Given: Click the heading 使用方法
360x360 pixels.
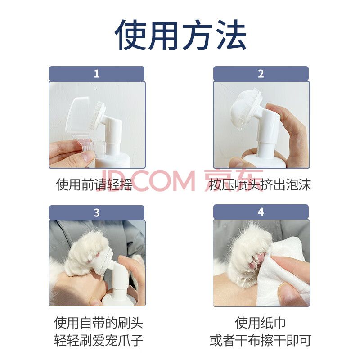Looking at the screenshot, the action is [180, 35].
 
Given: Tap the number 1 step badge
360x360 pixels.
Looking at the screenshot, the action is [97, 74].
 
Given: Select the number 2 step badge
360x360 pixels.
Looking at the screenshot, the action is [261, 74].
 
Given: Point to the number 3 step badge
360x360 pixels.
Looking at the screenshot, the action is [97, 213].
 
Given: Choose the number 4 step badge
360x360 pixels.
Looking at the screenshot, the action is [261, 212].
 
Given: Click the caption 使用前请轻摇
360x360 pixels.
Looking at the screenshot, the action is [94, 184].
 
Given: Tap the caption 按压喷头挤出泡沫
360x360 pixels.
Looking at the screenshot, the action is [260, 184].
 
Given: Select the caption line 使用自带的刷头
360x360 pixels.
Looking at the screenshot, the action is [99, 323].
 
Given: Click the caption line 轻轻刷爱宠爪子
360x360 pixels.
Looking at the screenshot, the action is [99, 340].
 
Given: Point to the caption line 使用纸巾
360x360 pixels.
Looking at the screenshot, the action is [261, 323].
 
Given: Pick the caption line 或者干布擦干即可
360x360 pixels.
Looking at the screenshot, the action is [261, 340].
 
